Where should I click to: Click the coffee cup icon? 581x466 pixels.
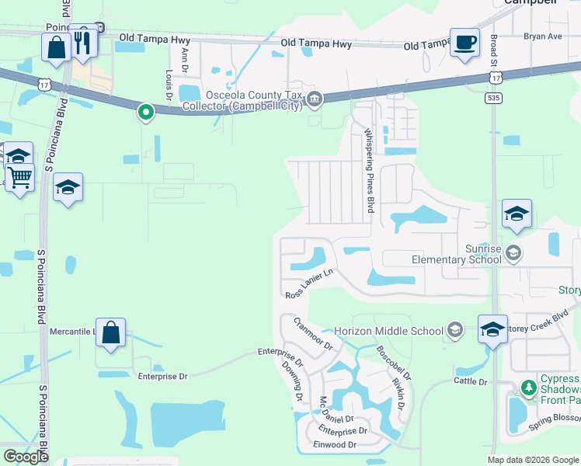tap(464, 43)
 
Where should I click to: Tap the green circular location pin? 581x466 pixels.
tap(145, 113)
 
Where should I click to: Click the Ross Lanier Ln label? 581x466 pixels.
tap(309, 283)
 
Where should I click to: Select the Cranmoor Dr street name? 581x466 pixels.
tap(312, 333)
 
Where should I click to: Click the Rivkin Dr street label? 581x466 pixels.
tap(398, 395)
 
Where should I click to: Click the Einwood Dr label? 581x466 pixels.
tap(336, 445)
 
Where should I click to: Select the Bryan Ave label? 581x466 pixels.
tap(542, 37)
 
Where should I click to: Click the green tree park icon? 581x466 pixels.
tap(529, 387)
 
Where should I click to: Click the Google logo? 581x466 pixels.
tap(26, 457)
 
